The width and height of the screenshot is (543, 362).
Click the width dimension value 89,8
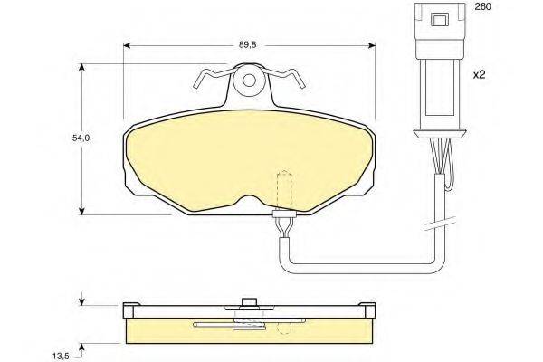click(247, 45)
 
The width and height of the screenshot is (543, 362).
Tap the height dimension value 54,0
click(81, 138)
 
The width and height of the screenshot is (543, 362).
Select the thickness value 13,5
click(62, 356)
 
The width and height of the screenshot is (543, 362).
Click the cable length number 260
click(482, 6)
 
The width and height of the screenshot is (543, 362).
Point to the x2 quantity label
click(480, 74)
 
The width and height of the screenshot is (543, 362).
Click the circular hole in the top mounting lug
click(249, 81)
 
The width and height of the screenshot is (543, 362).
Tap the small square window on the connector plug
click(439, 19)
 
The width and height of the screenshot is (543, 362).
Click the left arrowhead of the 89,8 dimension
click(127, 45)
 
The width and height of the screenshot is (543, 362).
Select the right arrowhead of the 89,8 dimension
click(372, 45)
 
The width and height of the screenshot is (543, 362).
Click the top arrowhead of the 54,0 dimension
click(81, 67)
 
